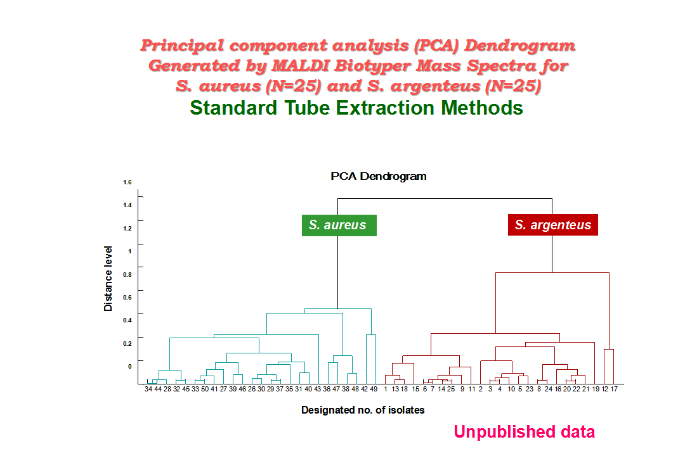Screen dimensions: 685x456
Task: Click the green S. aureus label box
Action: [339, 225]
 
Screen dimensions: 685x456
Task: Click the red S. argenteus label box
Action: [552, 225]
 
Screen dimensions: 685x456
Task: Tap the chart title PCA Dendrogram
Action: [378, 176]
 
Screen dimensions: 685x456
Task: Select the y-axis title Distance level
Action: [108, 279]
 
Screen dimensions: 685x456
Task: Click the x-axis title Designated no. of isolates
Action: [363, 410]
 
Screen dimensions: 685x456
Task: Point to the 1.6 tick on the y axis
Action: [127, 182]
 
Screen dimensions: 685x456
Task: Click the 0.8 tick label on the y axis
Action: [127, 274]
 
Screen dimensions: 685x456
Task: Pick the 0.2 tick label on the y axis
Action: [127, 343]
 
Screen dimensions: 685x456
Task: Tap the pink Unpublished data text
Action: [525, 431]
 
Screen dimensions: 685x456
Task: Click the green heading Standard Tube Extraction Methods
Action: [356, 108]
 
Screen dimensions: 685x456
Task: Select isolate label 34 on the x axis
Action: [148, 389]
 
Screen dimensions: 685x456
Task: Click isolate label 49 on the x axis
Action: [374, 389]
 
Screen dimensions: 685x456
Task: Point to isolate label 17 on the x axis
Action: [614, 389]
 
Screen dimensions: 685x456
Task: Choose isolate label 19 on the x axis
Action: [596, 389]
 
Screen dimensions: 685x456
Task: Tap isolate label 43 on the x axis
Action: [317, 389]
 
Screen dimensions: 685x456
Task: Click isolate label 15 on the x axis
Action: [415, 389]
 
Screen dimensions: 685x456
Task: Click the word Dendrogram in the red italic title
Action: [520, 46]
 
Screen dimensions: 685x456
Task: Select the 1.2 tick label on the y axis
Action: [127, 228]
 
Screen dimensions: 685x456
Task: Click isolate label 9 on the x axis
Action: [462, 389]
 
